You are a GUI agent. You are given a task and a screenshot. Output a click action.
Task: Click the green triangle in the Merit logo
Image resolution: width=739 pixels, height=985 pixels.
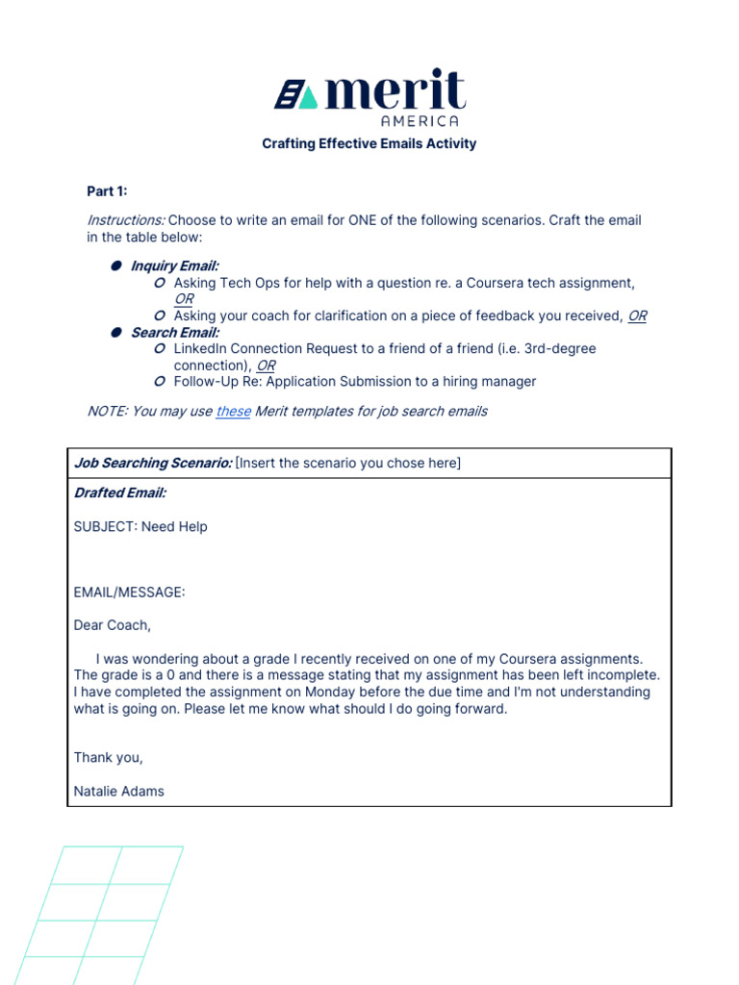coord(307,97)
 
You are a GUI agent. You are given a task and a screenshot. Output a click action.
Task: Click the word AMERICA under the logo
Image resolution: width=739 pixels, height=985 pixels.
coord(420,120)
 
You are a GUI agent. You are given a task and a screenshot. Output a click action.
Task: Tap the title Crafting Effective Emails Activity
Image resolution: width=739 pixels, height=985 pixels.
coord(369,143)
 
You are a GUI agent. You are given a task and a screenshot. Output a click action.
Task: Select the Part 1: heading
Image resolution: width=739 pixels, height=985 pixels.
coord(107,191)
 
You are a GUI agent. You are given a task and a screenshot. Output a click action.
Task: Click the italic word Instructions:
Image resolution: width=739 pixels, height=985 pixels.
coord(118,220)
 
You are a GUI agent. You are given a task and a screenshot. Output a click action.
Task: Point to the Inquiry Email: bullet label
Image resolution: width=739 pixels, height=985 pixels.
coord(174,265)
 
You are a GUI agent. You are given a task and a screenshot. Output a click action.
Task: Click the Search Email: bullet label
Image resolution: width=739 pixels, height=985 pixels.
coord(174,332)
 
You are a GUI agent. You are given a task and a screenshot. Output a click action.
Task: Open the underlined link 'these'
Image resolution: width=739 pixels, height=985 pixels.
coord(233,411)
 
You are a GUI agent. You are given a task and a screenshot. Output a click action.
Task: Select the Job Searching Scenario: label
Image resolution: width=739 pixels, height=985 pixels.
coord(152,463)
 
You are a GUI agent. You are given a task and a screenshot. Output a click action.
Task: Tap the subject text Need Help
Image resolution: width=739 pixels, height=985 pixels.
coord(174,526)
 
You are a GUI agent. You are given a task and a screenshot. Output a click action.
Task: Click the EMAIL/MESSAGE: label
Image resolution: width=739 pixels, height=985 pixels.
coord(129,593)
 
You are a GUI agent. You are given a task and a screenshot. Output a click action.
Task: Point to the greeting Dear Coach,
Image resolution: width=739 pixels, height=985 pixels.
coord(113,625)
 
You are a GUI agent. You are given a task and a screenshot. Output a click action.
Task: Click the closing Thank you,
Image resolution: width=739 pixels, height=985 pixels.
coord(109,757)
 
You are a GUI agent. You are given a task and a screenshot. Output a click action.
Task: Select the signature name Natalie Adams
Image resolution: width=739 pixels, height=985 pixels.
coord(119,791)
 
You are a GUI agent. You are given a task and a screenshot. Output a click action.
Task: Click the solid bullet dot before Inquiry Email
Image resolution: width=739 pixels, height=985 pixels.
coord(115,265)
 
